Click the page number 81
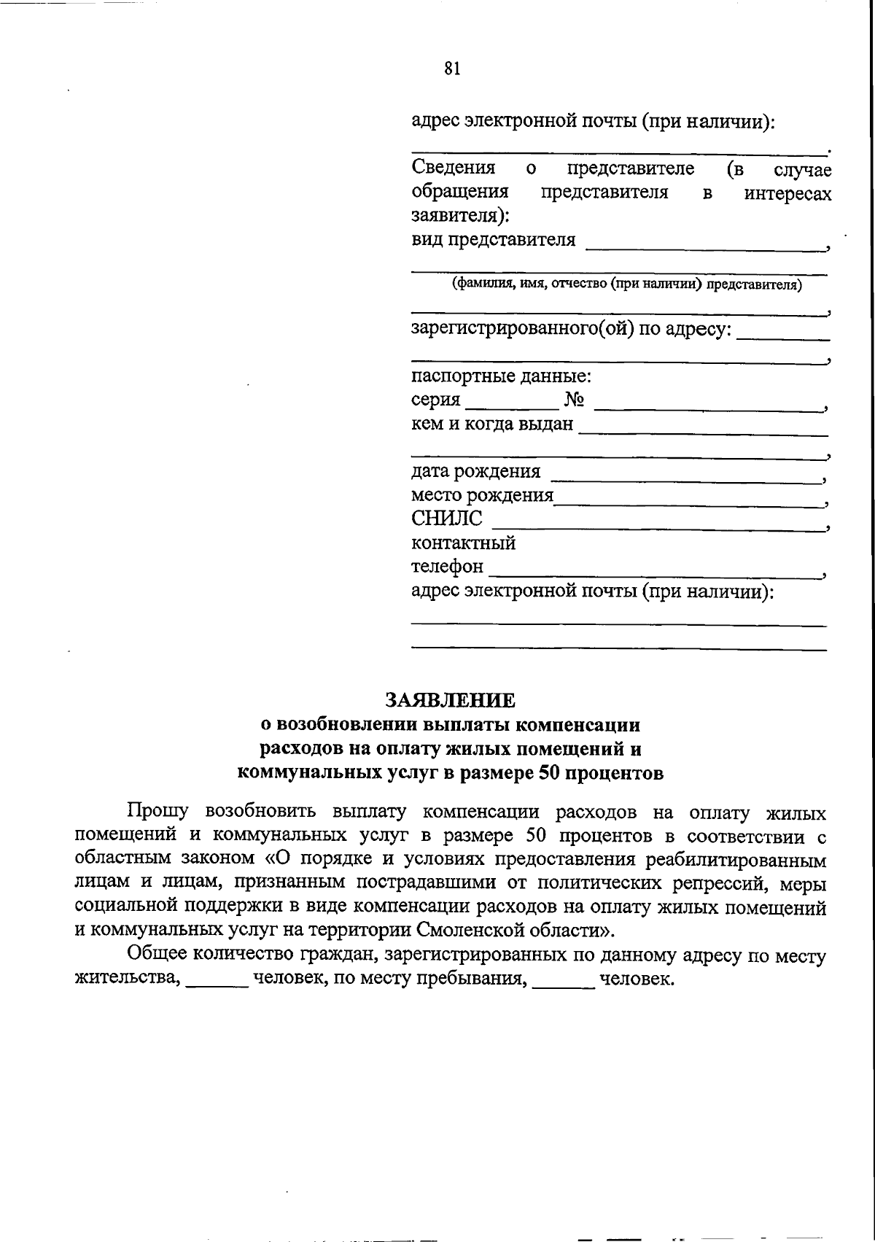[x=451, y=69]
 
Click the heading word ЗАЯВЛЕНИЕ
[x=450, y=700]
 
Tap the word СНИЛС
[x=447, y=519]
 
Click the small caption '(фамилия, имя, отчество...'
[x=626, y=284]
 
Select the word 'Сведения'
[x=454, y=168]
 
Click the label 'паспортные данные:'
[x=501, y=377]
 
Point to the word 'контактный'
[x=463, y=543]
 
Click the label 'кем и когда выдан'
[x=492, y=424]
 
